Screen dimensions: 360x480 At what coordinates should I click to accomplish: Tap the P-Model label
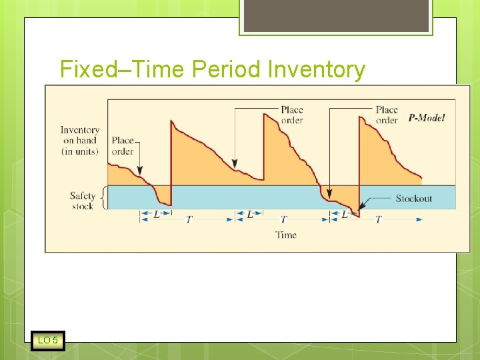coord(427,118)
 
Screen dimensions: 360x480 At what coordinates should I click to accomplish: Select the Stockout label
coord(413,199)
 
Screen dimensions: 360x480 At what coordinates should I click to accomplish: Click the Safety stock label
coord(83,201)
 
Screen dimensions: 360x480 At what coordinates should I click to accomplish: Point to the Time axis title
coord(286,235)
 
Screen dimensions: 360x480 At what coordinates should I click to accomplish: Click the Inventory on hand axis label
coord(79,141)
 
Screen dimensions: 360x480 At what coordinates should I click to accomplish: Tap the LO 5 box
coord(48,341)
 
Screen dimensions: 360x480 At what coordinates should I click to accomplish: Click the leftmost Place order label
coord(123,146)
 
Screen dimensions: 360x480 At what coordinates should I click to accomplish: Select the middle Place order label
coord(291,115)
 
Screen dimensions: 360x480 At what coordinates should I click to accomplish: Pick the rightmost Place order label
coord(387,115)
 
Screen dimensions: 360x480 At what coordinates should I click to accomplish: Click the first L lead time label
coord(156,215)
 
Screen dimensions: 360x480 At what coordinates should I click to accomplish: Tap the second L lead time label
coord(250,215)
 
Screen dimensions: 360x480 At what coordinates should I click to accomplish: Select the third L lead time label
coord(345,215)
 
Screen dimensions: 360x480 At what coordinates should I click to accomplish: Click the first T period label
coord(189,219)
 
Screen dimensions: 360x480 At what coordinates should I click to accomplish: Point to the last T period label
coord(379,219)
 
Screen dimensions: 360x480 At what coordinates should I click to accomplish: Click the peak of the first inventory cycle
coord(172,121)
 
